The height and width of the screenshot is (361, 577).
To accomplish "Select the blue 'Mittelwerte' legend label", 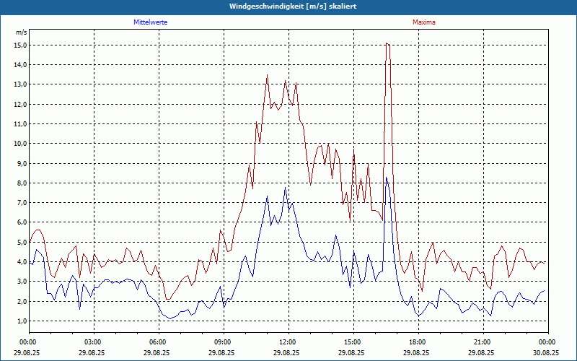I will tap(151, 22).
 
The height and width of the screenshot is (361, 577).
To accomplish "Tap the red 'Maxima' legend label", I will tap(424, 22).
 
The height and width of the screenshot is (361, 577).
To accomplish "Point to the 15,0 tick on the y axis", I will tap(20, 45).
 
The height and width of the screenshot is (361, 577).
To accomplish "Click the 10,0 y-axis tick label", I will tap(20, 143).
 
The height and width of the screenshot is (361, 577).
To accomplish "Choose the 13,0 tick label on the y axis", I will tap(20, 84).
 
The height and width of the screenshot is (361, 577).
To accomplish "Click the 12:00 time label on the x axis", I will tap(288, 342).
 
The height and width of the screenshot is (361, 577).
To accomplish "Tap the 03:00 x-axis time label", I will tap(93, 342).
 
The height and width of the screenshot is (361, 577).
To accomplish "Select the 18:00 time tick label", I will tap(418, 342).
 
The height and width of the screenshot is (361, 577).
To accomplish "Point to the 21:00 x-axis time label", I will tap(483, 342).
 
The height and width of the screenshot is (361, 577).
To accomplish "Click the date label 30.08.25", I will tap(547, 352).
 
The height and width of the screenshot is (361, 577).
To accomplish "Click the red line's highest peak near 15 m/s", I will tap(387, 43).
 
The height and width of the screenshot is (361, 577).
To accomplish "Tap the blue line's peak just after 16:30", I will tap(386, 178).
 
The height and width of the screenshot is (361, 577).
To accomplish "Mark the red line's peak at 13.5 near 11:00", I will tap(267, 75).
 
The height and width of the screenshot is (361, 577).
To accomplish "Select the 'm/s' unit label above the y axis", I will tap(21, 33).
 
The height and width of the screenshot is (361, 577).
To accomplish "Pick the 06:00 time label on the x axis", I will tap(158, 342).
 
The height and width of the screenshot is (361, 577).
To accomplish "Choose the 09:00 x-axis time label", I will tap(223, 342).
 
